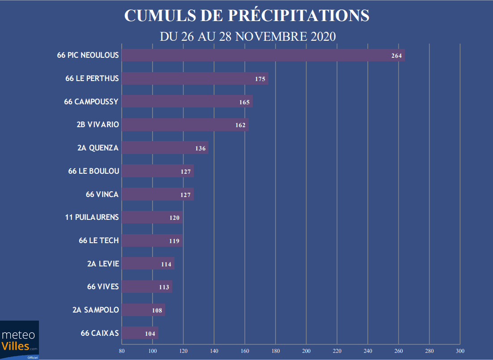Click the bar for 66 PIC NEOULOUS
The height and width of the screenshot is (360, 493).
coord(263,56)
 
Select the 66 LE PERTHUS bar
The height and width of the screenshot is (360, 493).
coord(195,79)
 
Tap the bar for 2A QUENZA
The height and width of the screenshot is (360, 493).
coord(165,148)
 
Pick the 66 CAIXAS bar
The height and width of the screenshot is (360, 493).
coord(140,333)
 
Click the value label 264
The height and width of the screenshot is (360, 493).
coord(397,56)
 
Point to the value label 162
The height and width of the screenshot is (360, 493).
coord(241,125)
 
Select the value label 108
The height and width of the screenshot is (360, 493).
coord(157,310)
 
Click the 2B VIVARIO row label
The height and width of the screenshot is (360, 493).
coord(98,124)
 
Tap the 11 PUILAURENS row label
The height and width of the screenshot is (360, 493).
coord(92,217)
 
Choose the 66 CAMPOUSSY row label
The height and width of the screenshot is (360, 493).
coord(91,102)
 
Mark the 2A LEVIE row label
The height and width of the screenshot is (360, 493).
coord(103,264)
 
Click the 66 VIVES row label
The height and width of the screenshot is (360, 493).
coord(103,287)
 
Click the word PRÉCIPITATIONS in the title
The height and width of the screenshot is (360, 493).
coord(299,15)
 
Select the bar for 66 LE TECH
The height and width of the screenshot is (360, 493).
coord(152,240)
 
